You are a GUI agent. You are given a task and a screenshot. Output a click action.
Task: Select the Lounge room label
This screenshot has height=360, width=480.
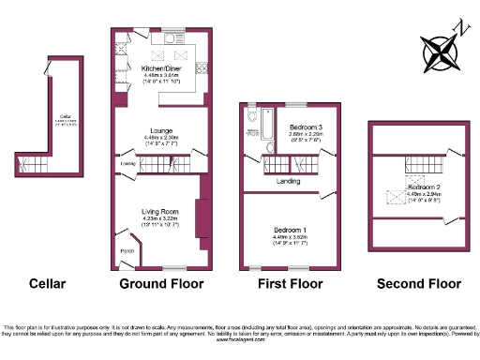[x=157, y=132]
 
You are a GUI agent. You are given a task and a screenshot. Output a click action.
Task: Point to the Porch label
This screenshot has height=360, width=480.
[x=127, y=250]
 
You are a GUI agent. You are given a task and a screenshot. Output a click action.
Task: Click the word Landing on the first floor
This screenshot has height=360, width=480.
[x=288, y=180]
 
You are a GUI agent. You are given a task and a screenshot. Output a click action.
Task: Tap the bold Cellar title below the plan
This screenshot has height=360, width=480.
[x=47, y=284]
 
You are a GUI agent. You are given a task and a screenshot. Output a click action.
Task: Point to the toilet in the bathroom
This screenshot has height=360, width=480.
[x=252, y=116]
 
